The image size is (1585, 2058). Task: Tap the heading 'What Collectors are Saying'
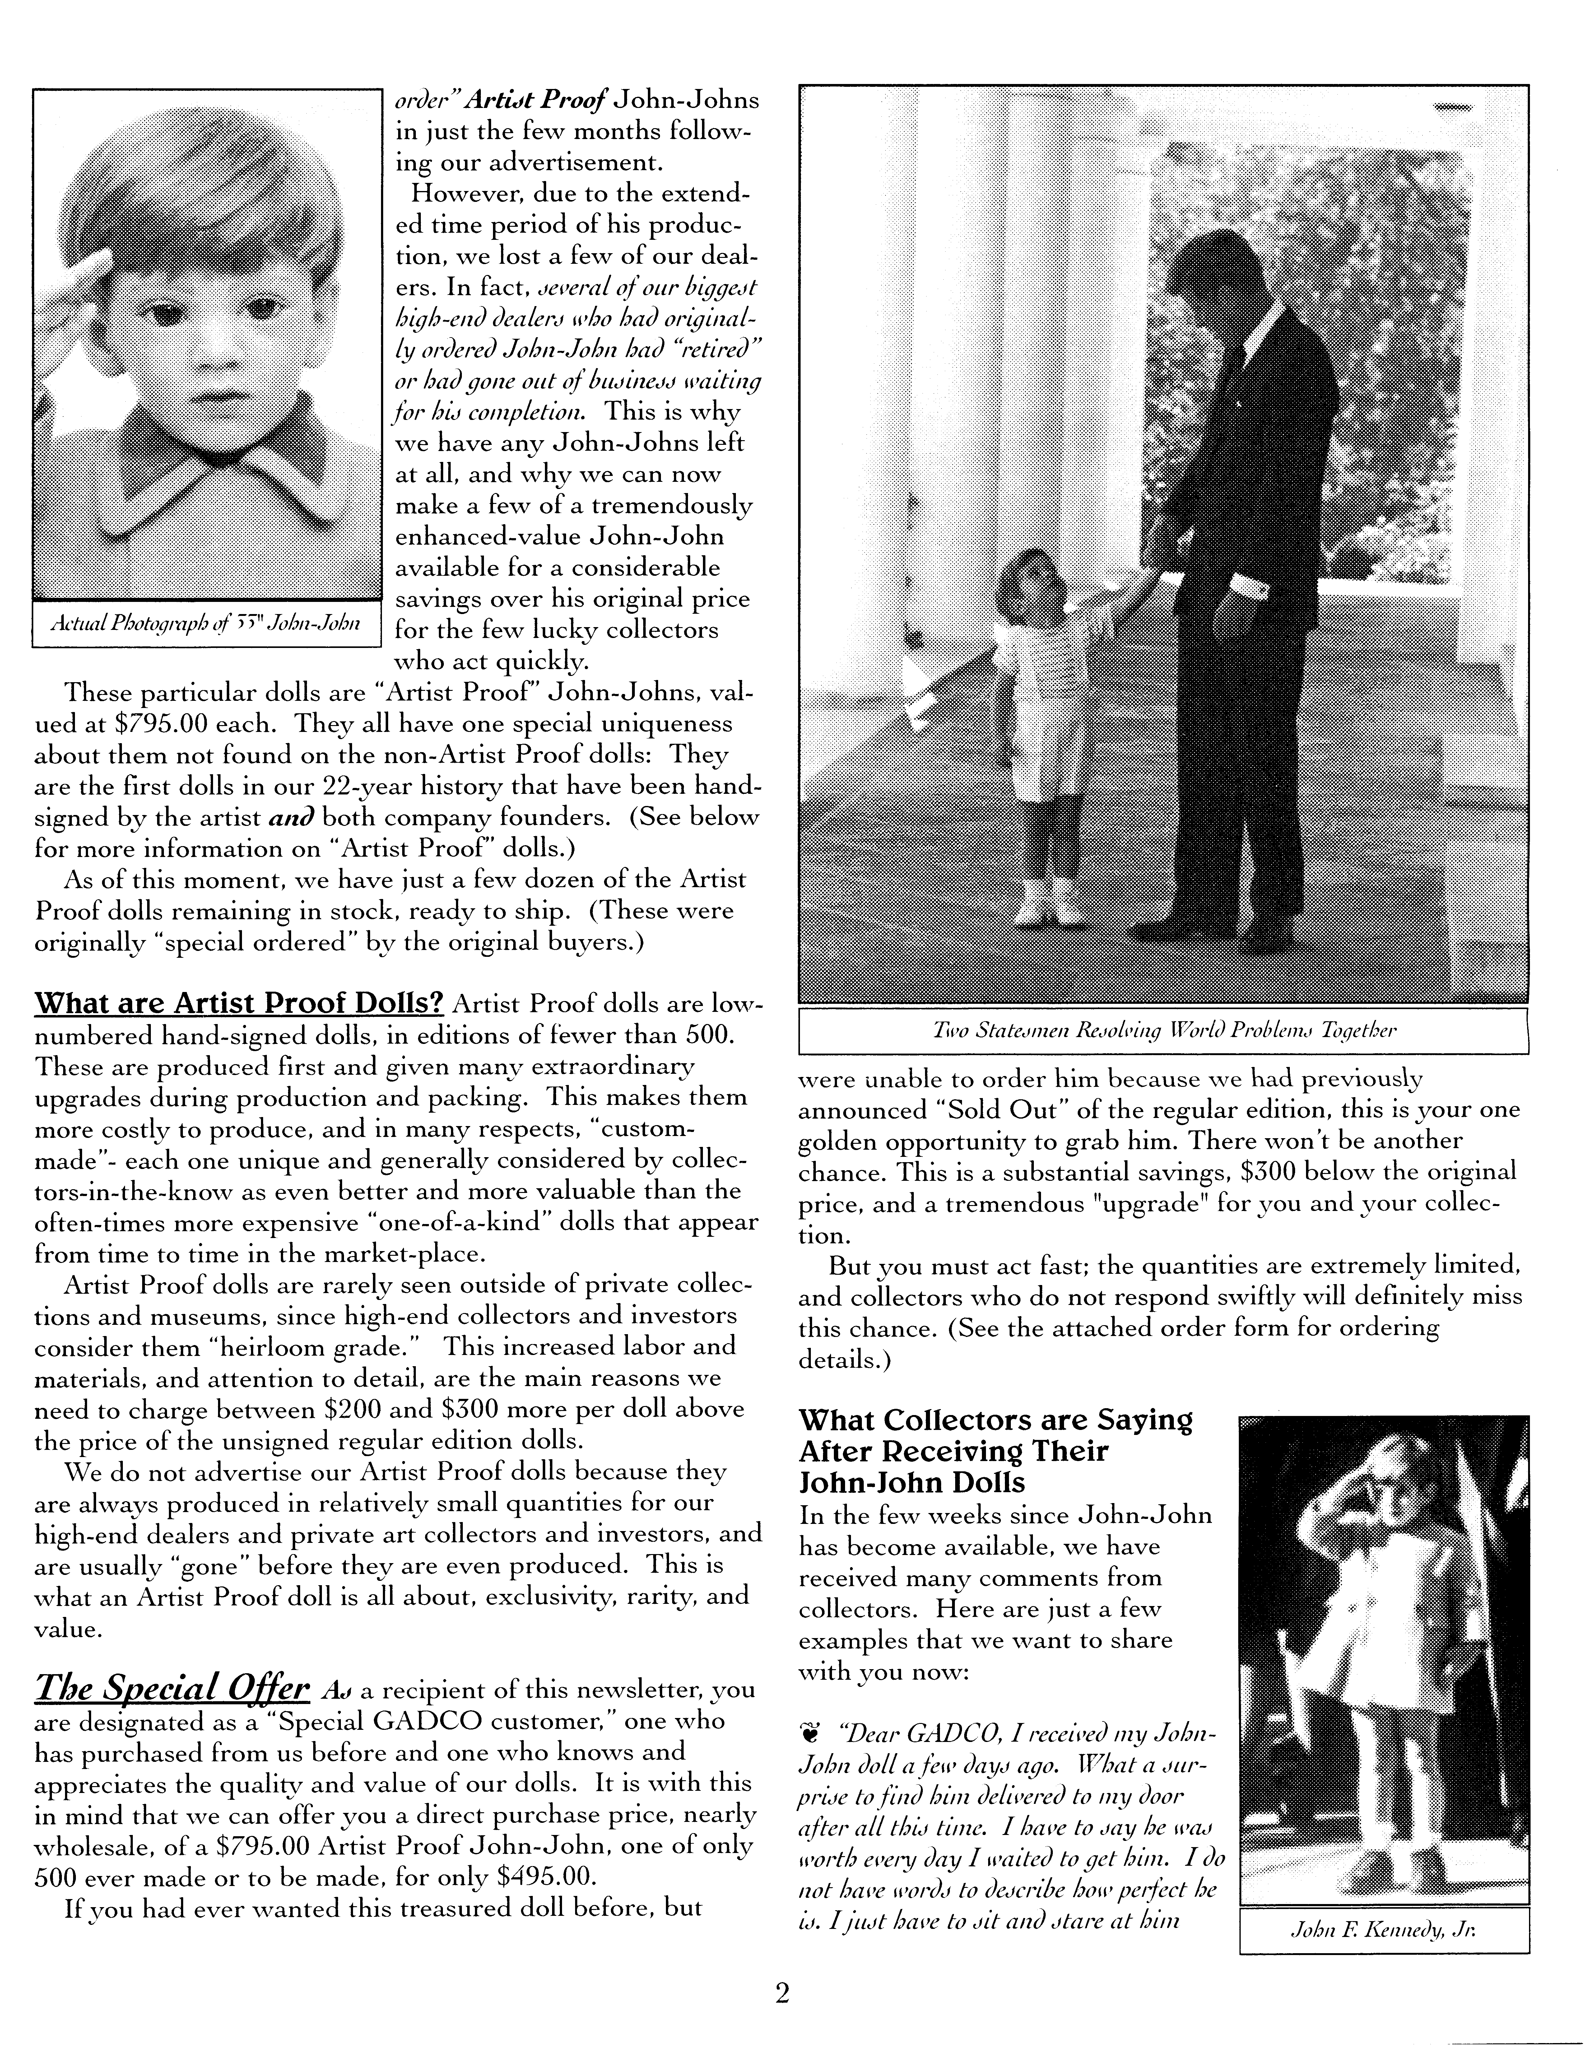click(x=995, y=1419)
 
